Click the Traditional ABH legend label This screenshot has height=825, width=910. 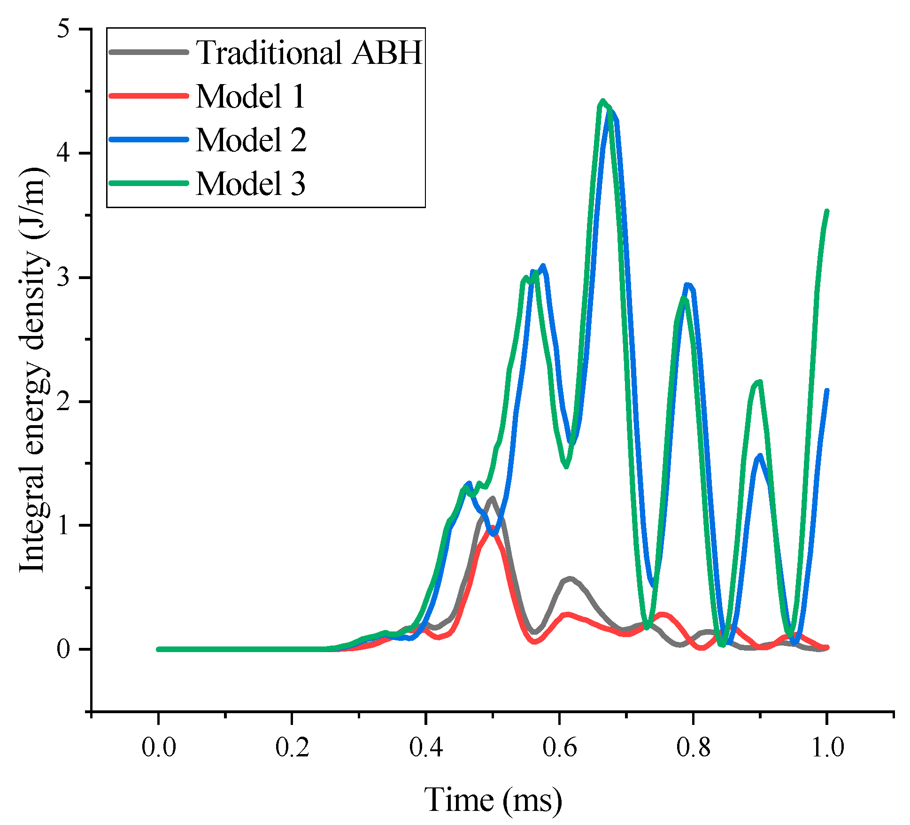[309, 52]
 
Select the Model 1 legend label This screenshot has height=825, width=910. [250, 96]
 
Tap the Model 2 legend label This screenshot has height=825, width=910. [250, 140]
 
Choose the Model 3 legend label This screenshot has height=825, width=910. [250, 183]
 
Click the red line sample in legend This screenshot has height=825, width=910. [148, 95]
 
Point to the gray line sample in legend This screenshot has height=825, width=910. [148, 52]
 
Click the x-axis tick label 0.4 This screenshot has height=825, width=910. [425, 747]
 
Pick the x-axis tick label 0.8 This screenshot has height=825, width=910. [693, 747]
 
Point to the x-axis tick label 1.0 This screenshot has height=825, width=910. [827, 747]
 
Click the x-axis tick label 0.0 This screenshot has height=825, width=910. [159, 747]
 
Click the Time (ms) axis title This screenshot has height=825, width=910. [493, 800]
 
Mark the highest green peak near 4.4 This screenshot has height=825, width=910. [603, 101]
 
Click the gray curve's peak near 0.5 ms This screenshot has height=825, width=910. [492, 498]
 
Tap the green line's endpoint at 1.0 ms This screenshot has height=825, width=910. [827, 211]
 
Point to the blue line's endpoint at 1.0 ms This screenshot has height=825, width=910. [827, 391]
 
